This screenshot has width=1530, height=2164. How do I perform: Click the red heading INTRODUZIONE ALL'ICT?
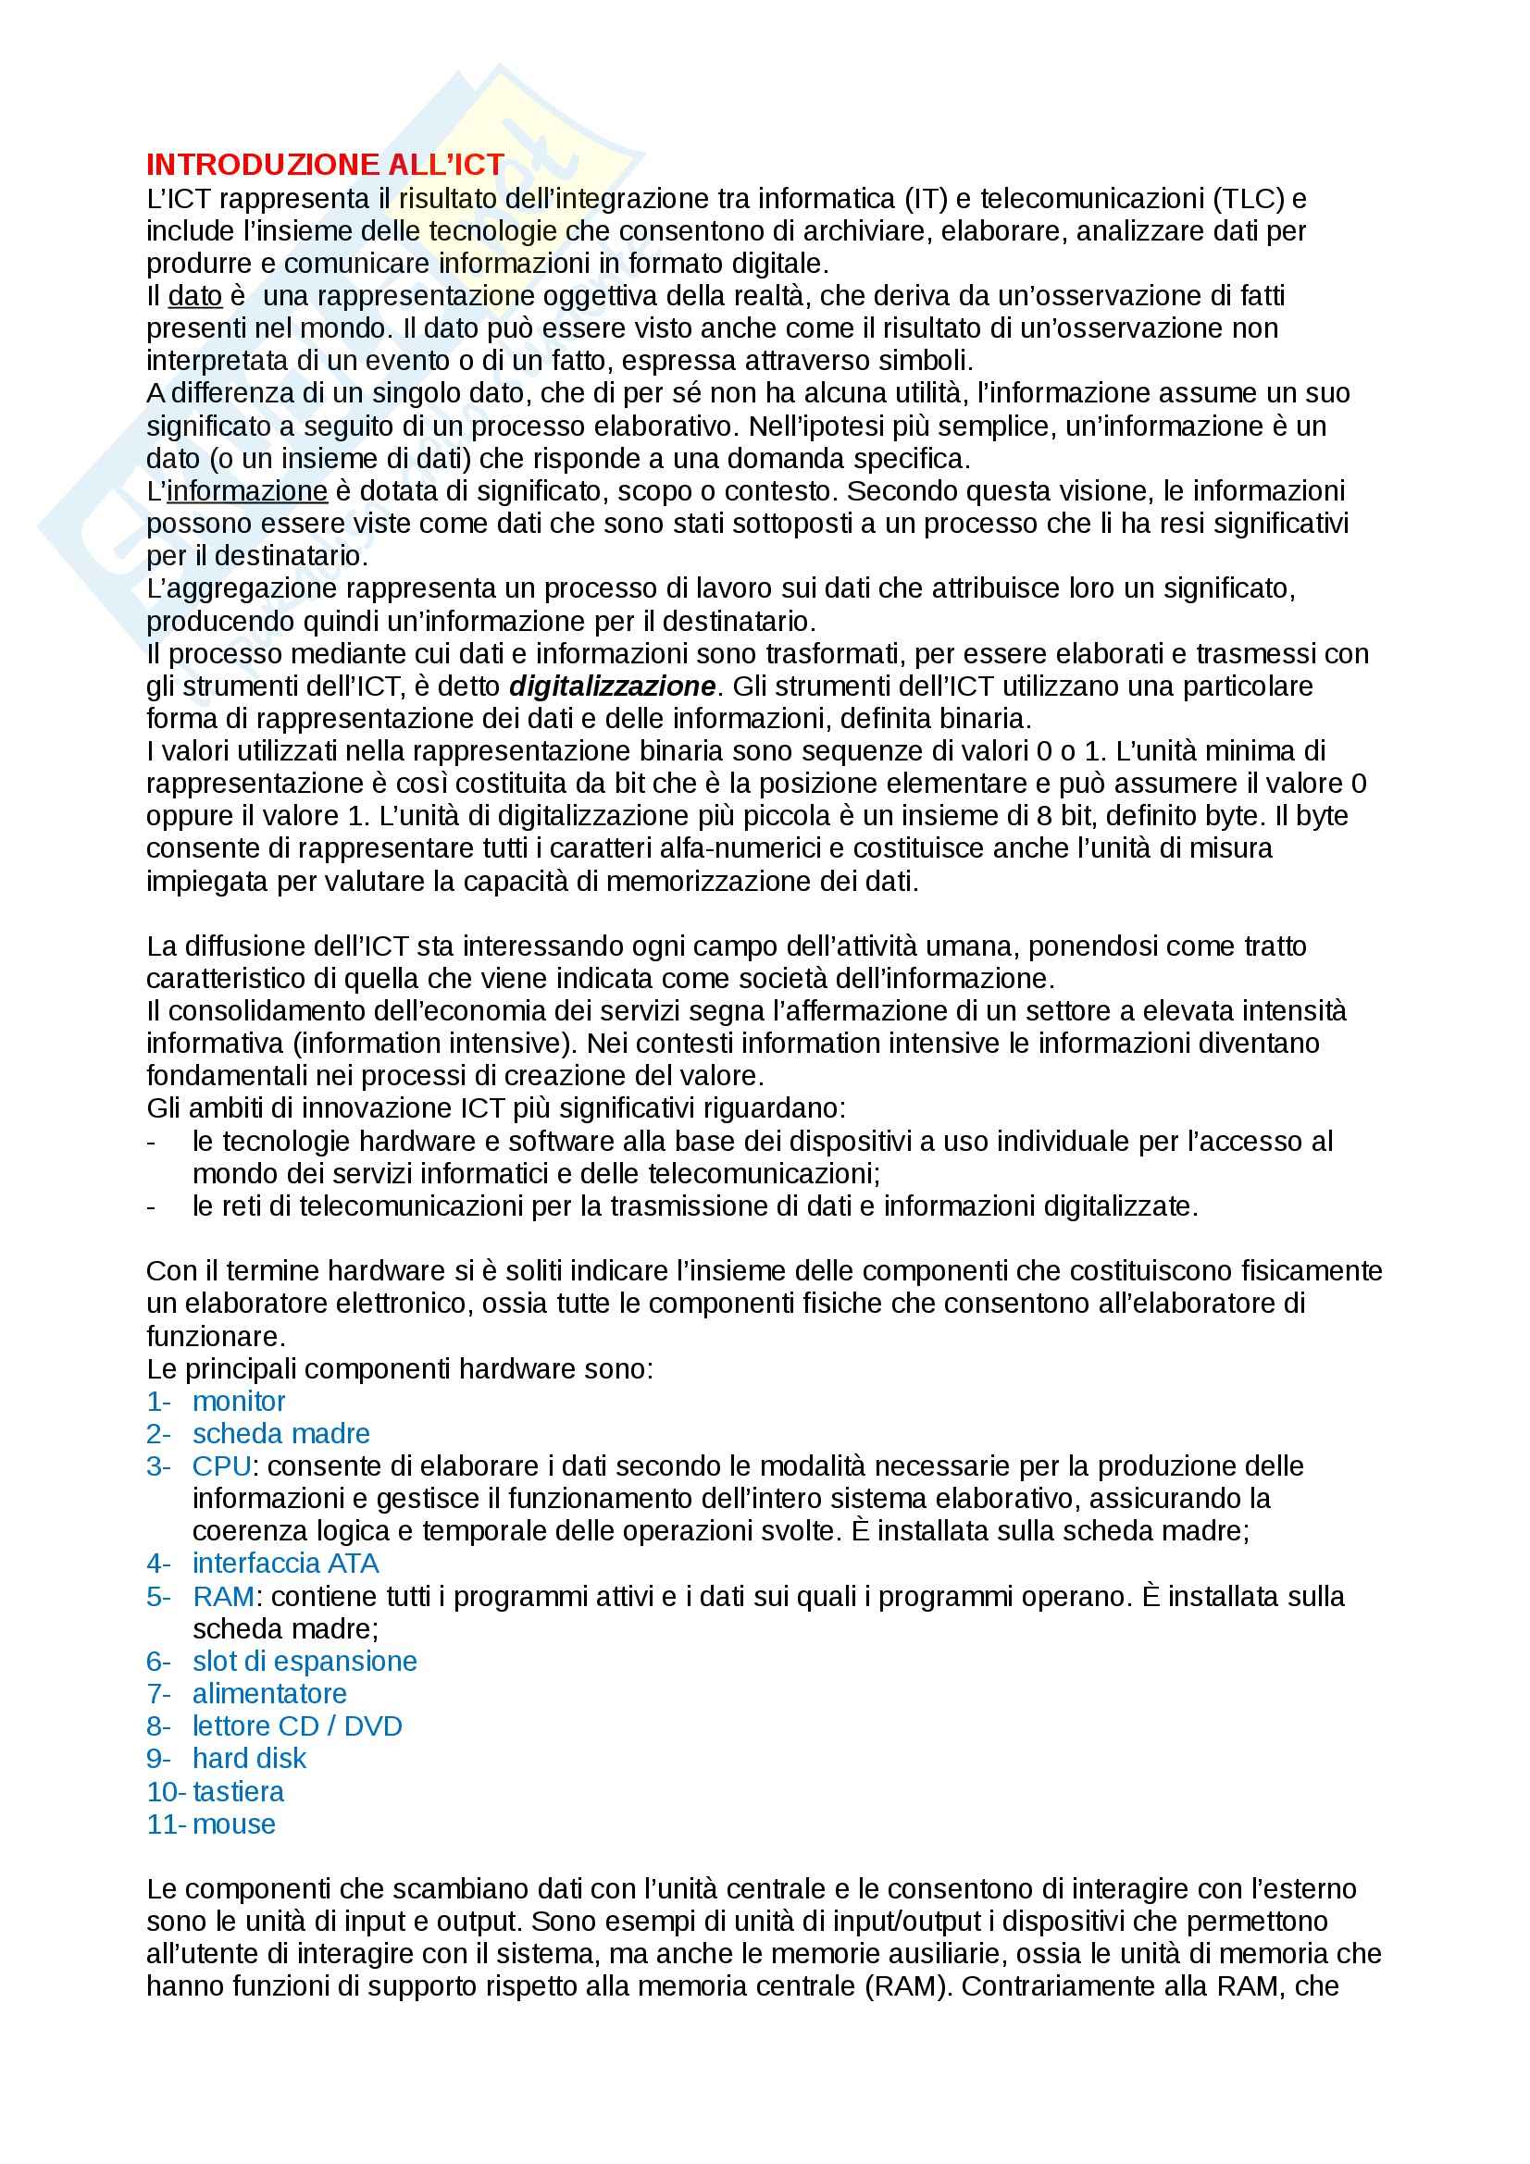pyautogui.click(x=325, y=165)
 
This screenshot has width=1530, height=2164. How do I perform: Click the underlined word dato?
pyautogui.click(x=195, y=296)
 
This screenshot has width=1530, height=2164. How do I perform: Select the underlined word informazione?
pyautogui.click(x=247, y=491)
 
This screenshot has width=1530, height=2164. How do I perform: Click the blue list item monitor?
pyautogui.click(x=239, y=1402)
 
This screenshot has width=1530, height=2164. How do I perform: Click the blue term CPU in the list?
pyautogui.click(x=221, y=1466)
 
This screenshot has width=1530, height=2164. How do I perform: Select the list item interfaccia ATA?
pyautogui.click(x=286, y=1564)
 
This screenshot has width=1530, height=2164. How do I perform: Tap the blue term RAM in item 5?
pyautogui.click(x=223, y=1597)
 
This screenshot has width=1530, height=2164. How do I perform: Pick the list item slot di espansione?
pyautogui.click(x=305, y=1662)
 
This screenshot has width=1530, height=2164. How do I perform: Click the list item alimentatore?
pyautogui.click(x=269, y=1694)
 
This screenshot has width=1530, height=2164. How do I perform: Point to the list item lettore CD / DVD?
pyautogui.click(x=297, y=1726)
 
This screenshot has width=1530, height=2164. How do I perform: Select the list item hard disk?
pyautogui.click(x=249, y=1759)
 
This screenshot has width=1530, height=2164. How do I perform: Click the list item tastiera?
pyautogui.click(x=238, y=1792)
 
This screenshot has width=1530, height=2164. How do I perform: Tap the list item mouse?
pyautogui.click(x=234, y=1824)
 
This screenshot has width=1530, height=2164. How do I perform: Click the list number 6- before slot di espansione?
pyautogui.click(x=158, y=1662)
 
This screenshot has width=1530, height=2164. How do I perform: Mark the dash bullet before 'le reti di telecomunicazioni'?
pyautogui.click(x=152, y=1207)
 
